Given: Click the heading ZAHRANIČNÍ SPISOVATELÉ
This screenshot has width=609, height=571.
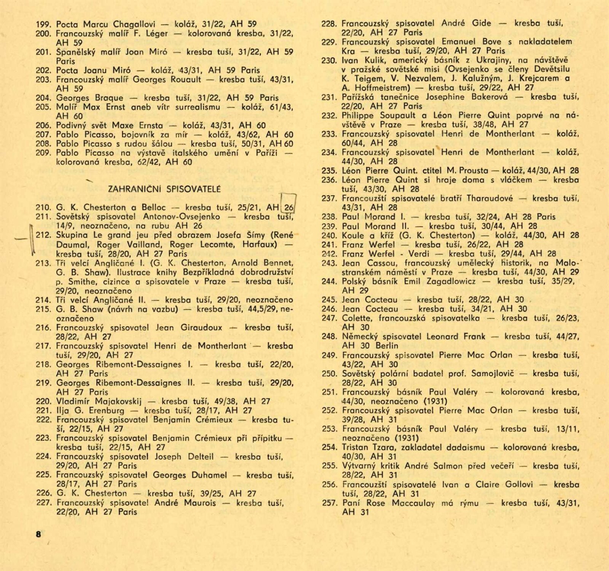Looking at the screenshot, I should click(164, 189).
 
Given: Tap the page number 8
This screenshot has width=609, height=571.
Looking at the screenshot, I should click(38, 534).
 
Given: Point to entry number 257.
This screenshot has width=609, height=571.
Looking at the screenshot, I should click(329, 503).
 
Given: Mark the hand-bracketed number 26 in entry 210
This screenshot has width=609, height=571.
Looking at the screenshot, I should click(289, 208).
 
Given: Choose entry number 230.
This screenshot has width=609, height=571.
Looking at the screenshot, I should click(329, 60).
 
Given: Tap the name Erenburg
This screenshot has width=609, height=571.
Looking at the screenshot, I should click(106, 411).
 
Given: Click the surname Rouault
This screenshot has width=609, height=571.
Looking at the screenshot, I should click(186, 80).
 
